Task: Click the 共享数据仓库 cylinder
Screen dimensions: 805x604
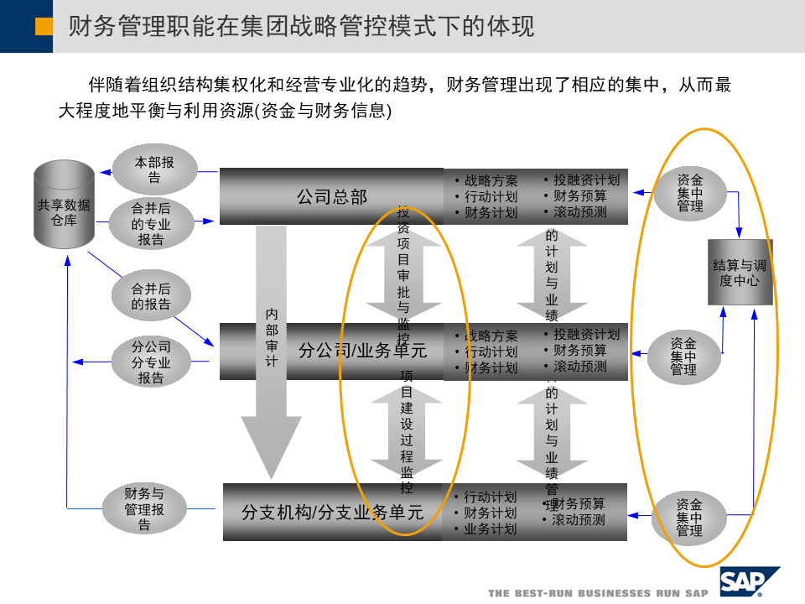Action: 64,205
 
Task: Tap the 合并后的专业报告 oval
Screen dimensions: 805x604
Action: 151,224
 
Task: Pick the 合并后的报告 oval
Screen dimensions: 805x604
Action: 151,296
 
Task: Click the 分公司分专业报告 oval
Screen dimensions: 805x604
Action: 151,362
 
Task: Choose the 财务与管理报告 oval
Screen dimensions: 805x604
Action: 144,509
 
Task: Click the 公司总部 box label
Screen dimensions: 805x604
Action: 332,197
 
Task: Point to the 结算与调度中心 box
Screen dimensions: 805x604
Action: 739,273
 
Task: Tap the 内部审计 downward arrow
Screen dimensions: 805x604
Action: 271,352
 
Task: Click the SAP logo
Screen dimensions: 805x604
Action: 748,581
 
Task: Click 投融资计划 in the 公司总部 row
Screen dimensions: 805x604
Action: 586,180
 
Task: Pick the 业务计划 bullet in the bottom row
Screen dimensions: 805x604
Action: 491,528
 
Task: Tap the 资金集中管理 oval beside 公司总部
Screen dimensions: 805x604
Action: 690,192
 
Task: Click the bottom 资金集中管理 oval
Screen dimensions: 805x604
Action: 689,518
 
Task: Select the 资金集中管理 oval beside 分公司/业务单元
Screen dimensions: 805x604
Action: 683,357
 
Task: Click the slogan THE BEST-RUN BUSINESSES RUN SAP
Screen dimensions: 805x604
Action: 598,592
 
